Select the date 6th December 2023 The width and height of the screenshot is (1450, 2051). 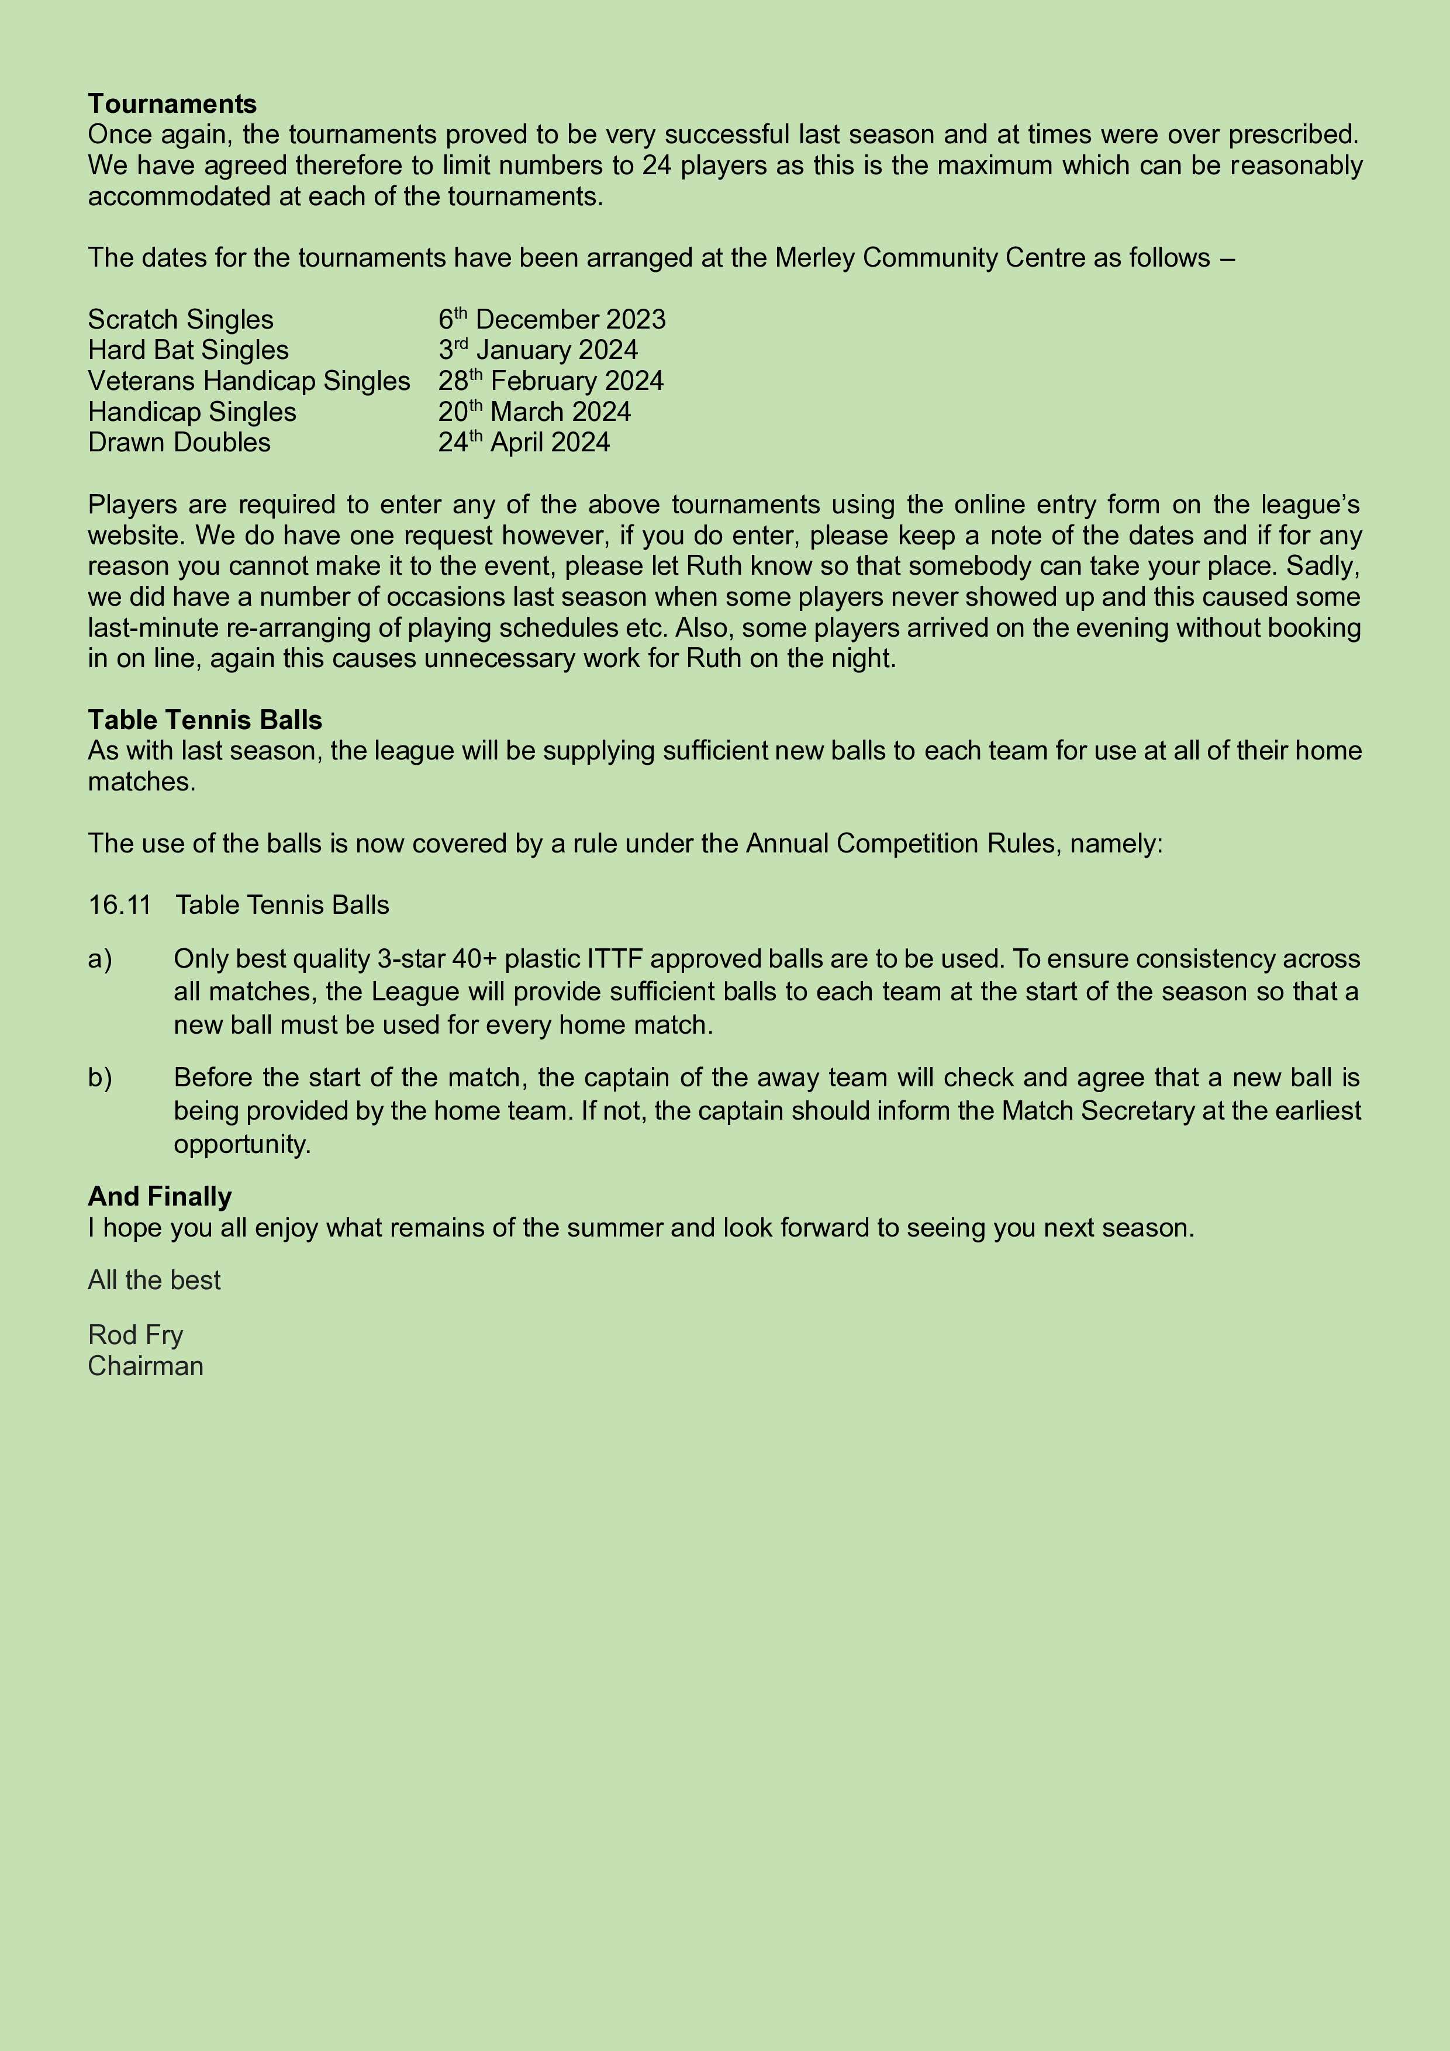coord(551,319)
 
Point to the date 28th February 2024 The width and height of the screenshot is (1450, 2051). coord(550,381)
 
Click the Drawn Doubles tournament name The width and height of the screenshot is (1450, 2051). coord(179,442)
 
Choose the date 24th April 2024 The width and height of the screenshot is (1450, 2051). coord(523,442)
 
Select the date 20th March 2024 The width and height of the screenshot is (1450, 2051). coord(534,412)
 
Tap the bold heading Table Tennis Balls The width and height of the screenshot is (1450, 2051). coord(205,720)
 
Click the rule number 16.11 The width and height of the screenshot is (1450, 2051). coord(119,905)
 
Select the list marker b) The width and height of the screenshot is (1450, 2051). coord(100,1078)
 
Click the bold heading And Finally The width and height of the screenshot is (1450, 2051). coord(159,1196)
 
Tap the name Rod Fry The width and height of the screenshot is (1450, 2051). coord(135,1335)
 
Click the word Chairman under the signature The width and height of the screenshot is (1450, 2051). coord(146,1366)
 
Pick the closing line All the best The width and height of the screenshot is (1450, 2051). coord(154,1280)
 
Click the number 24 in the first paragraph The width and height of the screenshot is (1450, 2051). coord(657,165)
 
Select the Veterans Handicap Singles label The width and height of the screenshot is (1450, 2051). coord(248,381)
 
